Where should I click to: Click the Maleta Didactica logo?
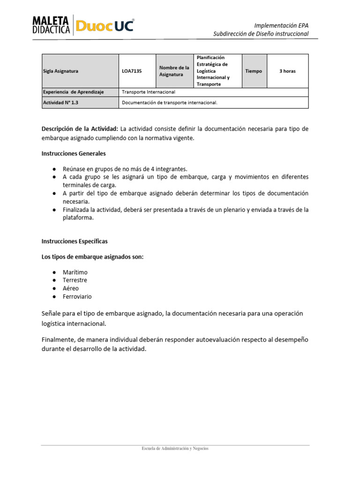51,24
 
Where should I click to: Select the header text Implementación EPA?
281,25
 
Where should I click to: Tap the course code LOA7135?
132,71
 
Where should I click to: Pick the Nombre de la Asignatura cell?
174,71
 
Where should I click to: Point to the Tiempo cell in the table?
254,71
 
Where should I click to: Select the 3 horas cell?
287,71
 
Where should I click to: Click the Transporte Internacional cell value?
148,92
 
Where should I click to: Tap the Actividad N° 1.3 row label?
60,103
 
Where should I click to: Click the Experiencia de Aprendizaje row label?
73,92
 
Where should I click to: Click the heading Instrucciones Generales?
74,153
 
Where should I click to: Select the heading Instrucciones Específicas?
75,241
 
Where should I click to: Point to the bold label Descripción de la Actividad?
80,129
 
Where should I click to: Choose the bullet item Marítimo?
75,272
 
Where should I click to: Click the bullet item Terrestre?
75,280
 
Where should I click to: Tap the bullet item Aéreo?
71,288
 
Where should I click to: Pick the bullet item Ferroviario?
77,297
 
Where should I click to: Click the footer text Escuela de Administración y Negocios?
175,449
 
